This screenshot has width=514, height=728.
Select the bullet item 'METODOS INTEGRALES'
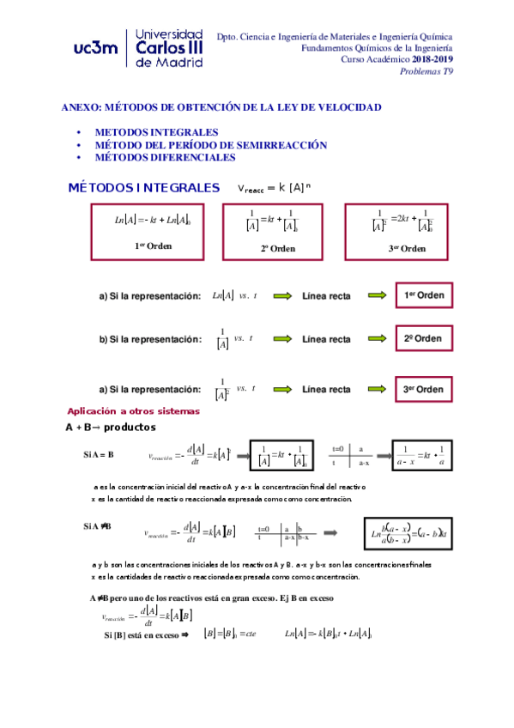click(156, 133)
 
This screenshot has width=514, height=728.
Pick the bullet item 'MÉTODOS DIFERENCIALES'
click(165, 158)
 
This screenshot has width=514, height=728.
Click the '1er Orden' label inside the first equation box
click(154, 246)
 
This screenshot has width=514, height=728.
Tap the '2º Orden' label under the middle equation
click(279, 248)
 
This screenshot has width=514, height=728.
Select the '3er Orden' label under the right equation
click(407, 248)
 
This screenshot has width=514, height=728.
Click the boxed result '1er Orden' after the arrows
click(424, 295)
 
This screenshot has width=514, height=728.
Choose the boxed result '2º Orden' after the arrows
click(423, 338)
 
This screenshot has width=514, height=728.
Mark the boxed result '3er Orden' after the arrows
click(423, 390)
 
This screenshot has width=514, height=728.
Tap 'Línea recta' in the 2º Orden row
click(326, 339)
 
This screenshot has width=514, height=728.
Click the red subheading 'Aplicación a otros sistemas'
click(133, 411)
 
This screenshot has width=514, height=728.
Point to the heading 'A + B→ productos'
click(110, 427)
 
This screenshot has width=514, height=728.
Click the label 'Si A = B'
click(99, 453)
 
